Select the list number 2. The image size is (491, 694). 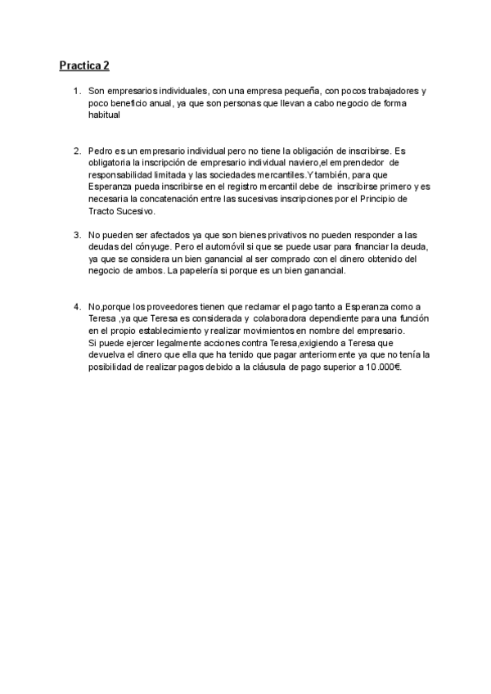click(x=76, y=151)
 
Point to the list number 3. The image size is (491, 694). click(x=76, y=234)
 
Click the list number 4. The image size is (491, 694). click(x=76, y=306)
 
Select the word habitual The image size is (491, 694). click(x=104, y=115)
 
